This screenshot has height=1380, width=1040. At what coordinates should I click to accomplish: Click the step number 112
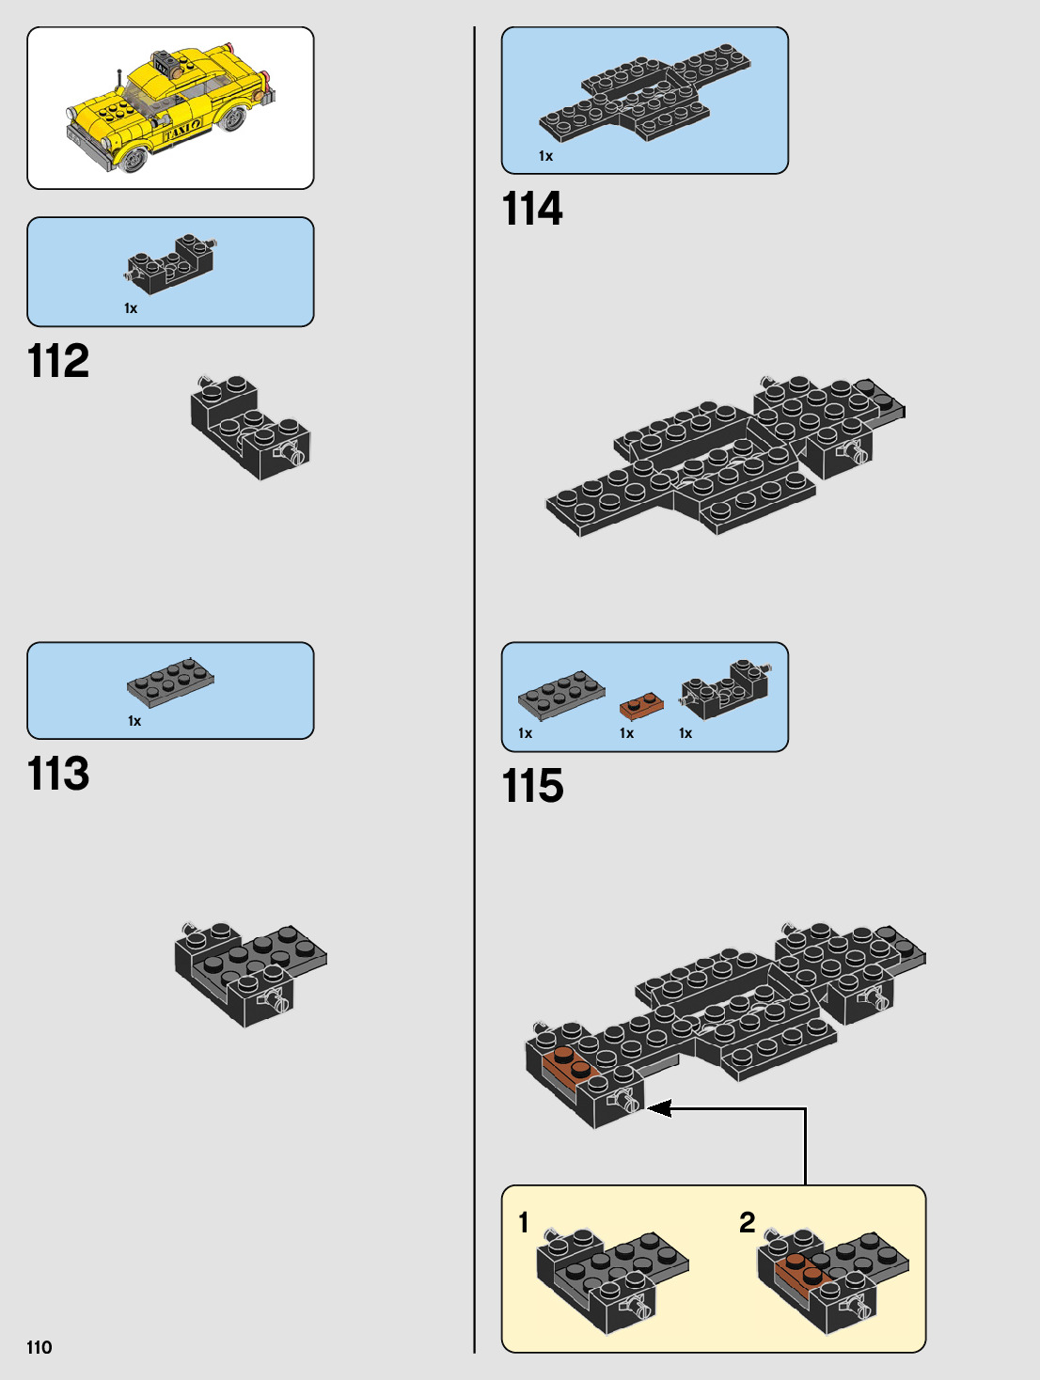pos(58,361)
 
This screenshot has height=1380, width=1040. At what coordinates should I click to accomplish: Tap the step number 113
pos(58,775)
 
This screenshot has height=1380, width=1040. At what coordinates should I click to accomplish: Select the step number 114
pos(532,209)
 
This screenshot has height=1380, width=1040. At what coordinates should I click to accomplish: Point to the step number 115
pos(533,786)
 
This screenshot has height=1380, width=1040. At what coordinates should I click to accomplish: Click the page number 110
pos(39,1347)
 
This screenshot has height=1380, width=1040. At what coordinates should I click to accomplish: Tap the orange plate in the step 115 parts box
pos(641,705)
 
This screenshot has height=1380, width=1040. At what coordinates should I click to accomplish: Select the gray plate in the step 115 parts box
pos(561,694)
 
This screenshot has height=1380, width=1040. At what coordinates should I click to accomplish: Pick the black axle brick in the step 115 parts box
pos(725,688)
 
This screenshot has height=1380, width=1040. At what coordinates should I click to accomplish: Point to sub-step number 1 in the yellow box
pos(524,1222)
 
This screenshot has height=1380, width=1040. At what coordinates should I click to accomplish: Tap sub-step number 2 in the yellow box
pos(748,1222)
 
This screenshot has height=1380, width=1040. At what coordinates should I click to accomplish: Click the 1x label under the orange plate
pos(627,733)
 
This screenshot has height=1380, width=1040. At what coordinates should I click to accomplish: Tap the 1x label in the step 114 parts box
pos(545,156)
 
